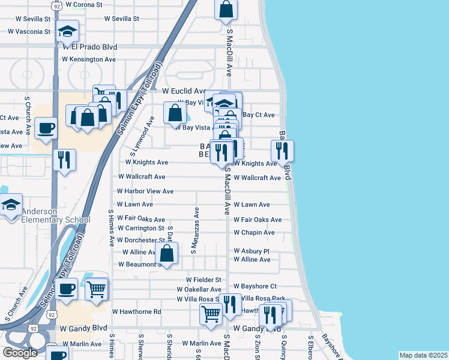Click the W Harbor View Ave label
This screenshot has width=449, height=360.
click(x=145, y=191)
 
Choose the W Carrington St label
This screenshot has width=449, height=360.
click(x=140, y=229)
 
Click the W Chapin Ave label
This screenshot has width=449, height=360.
click(x=254, y=232)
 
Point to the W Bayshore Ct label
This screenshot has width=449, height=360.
click(x=255, y=286)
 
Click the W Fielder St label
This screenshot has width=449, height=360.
click(x=203, y=280)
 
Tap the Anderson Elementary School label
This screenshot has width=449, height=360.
click(x=56, y=215)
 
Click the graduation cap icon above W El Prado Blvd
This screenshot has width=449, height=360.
click(x=68, y=30)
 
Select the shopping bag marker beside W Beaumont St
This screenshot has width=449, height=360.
click(x=167, y=253)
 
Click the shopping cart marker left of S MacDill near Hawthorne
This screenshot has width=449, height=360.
click(x=211, y=314)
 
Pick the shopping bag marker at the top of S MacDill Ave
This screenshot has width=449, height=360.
click(x=226, y=10)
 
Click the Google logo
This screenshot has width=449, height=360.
click(x=20, y=353)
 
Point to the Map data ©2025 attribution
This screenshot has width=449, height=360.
click(x=423, y=355)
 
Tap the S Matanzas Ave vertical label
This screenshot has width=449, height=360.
click(x=194, y=231)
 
